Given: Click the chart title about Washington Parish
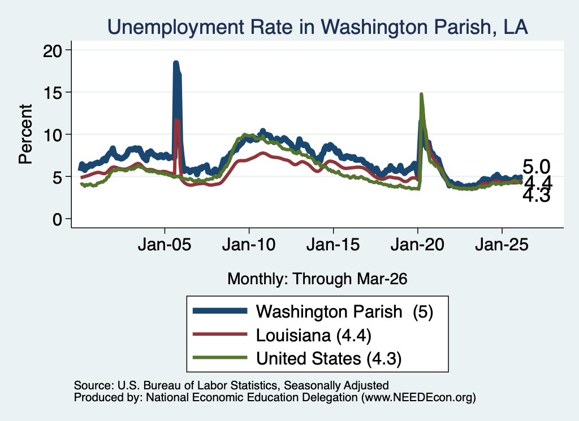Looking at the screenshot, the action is [x=317, y=27].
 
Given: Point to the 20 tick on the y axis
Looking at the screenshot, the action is [x=53, y=50].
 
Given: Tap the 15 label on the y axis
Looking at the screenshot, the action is [x=53, y=93].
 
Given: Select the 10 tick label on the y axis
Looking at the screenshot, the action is [x=53, y=135].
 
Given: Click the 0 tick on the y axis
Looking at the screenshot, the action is [x=57, y=219].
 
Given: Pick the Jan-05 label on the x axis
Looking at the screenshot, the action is [x=165, y=244].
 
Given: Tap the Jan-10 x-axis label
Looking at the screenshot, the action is [x=249, y=244].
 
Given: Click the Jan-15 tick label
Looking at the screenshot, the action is [x=333, y=244].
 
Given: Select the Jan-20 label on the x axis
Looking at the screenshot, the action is [x=417, y=244].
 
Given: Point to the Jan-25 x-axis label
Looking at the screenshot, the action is [x=502, y=244].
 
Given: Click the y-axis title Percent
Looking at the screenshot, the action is [x=25, y=134].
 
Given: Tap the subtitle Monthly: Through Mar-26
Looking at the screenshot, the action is [x=317, y=279].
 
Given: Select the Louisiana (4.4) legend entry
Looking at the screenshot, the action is [x=314, y=336].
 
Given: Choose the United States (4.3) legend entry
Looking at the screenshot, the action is [x=329, y=359].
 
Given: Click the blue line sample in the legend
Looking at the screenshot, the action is [x=220, y=311].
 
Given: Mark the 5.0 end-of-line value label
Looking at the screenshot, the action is [x=536, y=167].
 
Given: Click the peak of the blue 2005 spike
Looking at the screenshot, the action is [x=176, y=63].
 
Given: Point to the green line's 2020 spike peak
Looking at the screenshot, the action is [x=421, y=94].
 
